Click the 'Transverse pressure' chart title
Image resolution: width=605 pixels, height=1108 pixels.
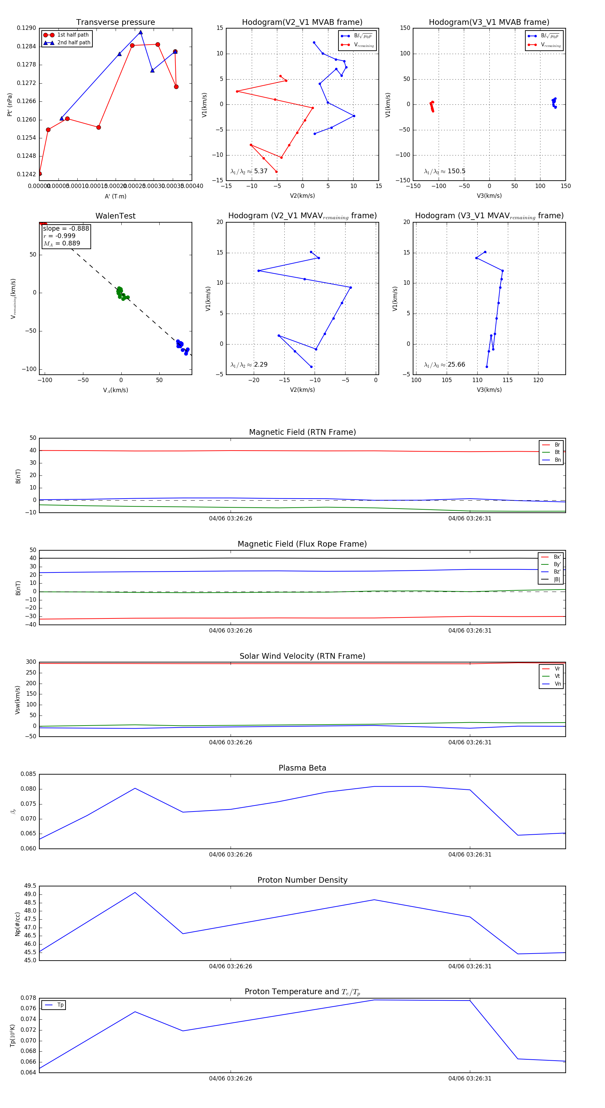(x=115, y=22)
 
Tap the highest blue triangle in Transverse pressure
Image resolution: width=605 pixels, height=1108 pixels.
(x=140, y=32)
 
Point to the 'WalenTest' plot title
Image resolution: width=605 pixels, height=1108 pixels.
(x=115, y=216)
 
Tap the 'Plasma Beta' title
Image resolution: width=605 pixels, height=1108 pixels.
(x=302, y=768)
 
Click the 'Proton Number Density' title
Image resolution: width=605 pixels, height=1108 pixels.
(x=302, y=880)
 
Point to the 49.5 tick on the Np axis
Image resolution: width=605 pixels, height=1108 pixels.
(x=30, y=886)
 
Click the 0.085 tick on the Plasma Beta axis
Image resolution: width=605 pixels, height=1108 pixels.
(x=29, y=774)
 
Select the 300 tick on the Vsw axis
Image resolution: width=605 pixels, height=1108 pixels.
(x=31, y=662)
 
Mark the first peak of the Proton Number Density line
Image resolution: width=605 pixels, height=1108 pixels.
(x=135, y=892)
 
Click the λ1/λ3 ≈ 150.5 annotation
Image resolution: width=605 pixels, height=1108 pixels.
(x=444, y=171)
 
